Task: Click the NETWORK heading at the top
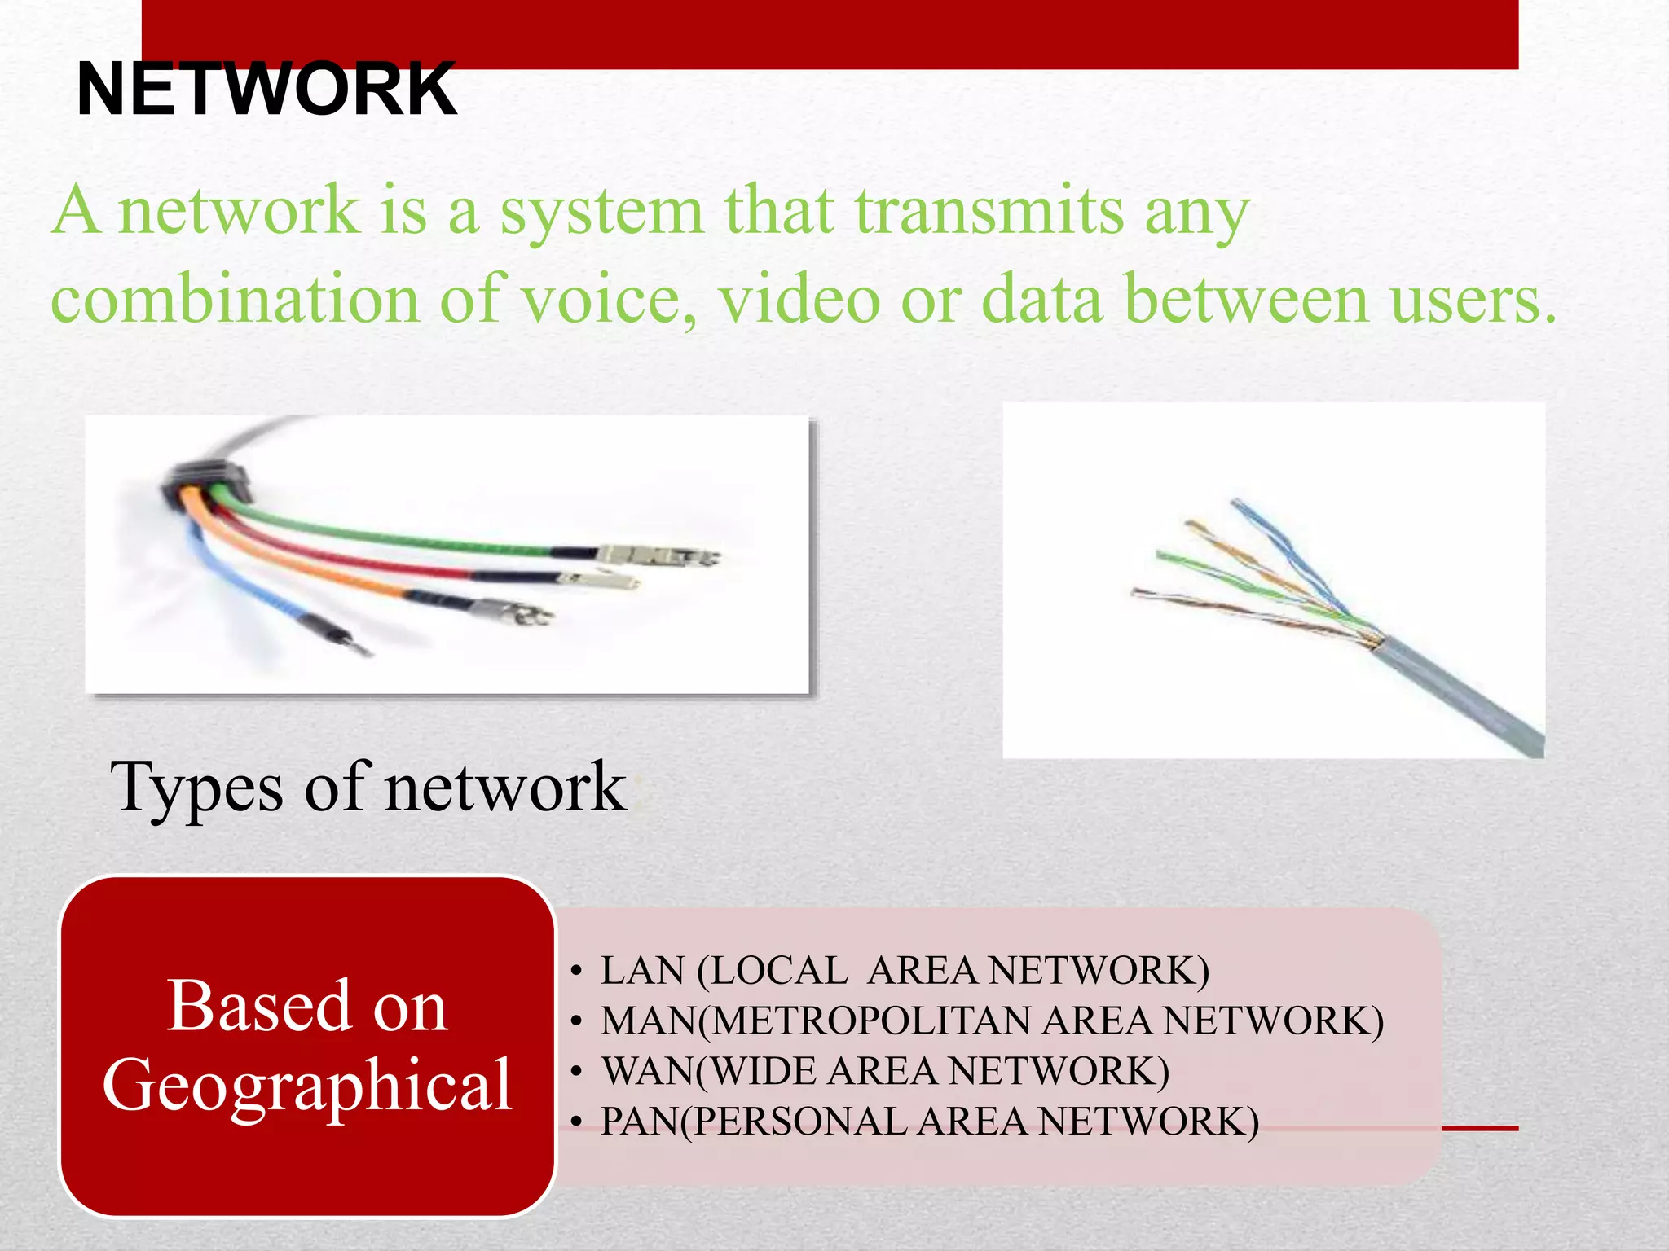(266, 90)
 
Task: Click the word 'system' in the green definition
(601, 210)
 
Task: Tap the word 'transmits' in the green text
(989, 210)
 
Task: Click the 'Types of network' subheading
(368, 787)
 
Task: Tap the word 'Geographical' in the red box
(307, 1085)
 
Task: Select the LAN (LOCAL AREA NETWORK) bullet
(905, 971)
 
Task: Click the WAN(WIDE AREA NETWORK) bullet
(885, 1071)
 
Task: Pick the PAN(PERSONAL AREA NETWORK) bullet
(930, 1122)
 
